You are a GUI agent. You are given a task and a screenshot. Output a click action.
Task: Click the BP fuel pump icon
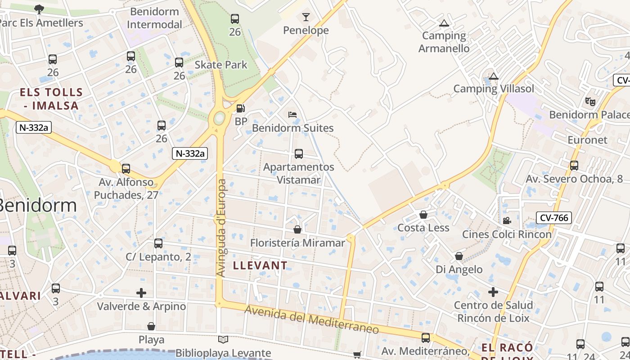[x=241, y=108]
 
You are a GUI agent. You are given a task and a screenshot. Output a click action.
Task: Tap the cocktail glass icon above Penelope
[x=306, y=18]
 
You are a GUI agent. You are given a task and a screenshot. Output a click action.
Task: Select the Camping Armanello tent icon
[x=444, y=23]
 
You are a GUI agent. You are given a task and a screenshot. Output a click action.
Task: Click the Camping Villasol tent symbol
[x=494, y=76]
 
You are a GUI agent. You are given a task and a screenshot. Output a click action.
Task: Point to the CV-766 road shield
[x=554, y=218]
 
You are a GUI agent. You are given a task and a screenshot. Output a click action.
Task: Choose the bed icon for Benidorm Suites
[x=292, y=115]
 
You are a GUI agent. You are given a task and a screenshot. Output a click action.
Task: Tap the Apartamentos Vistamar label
[x=298, y=173]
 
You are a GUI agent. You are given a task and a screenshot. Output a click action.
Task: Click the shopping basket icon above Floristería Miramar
[x=297, y=230]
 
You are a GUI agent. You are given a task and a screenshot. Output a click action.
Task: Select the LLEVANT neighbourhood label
[x=260, y=265]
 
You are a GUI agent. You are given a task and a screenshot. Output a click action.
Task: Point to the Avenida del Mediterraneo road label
[x=312, y=319]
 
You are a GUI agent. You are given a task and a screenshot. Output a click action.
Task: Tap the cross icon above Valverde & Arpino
[x=141, y=293]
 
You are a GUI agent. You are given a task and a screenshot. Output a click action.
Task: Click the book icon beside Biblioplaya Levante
[x=223, y=340]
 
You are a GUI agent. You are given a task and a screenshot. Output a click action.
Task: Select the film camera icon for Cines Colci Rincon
[x=507, y=221]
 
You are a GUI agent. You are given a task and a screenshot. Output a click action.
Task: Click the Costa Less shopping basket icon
[x=423, y=215]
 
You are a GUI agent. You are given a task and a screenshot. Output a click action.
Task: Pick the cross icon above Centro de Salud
[x=493, y=292]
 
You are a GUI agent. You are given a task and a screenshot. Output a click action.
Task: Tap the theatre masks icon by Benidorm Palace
[x=590, y=101]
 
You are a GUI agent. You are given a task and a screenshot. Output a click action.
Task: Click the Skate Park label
[x=220, y=65]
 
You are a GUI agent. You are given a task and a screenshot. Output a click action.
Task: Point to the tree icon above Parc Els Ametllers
[x=39, y=9]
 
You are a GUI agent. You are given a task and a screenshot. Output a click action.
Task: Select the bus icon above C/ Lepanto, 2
[x=158, y=243]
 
